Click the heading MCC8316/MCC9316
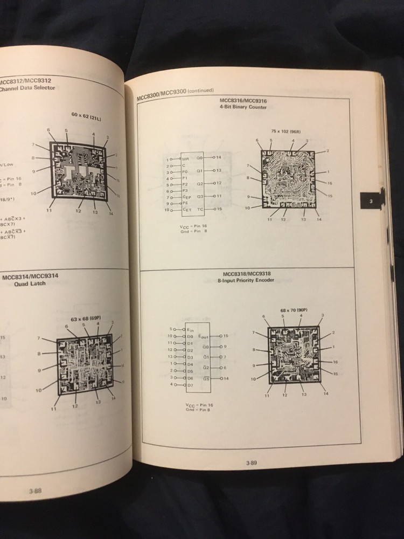pyautogui.click(x=243, y=101)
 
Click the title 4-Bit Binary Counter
pyautogui.click(x=243, y=107)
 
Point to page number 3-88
pyautogui.click(x=35, y=490)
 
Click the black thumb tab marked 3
pyautogui.click(x=371, y=202)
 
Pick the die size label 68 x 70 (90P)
pyautogui.click(x=294, y=310)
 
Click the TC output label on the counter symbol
pyautogui.click(x=201, y=209)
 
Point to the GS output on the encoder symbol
pyautogui.click(x=206, y=378)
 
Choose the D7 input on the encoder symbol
pyautogui.click(x=189, y=385)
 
